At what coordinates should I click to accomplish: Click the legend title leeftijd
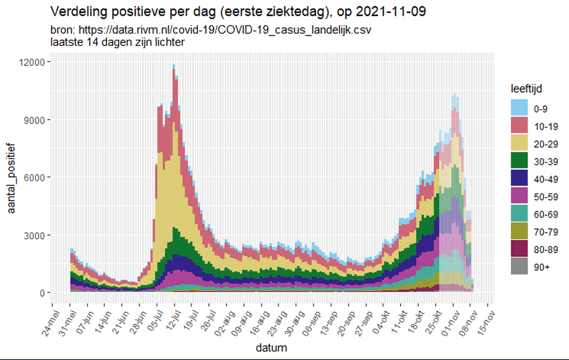click(x=528, y=89)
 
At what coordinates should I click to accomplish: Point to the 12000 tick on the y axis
click(x=33, y=62)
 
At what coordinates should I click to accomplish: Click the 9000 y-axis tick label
click(x=35, y=120)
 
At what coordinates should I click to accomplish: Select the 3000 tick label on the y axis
click(x=35, y=235)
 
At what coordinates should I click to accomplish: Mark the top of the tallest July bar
click(x=174, y=65)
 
